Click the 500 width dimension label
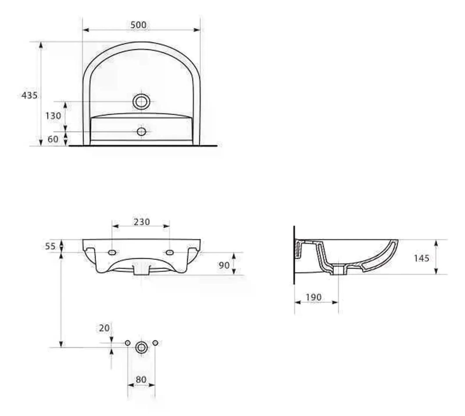point(138,25)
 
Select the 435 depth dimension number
point(29,95)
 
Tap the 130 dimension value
point(53,116)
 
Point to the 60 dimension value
point(53,139)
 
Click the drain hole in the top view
point(141,102)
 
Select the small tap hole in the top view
point(141,132)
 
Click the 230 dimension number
point(142,222)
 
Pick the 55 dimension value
point(50,246)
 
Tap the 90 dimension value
point(224,265)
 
